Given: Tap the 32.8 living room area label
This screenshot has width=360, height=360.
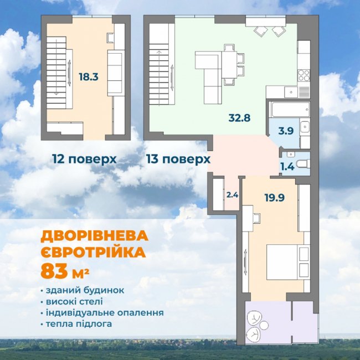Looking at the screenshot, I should (x=239, y=117).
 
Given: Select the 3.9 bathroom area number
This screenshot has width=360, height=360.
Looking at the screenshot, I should (x=286, y=131).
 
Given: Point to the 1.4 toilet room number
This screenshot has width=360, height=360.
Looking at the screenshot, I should (x=287, y=166).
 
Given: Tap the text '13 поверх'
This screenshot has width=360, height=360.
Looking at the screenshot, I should (x=178, y=159).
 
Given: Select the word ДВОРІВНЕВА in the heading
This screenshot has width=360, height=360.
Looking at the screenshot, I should (x=95, y=236).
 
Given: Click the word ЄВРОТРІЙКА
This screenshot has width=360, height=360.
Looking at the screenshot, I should (x=93, y=253).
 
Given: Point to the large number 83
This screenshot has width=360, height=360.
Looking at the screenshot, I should (x=52, y=272).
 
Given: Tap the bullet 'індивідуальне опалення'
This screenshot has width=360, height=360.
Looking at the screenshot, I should (x=104, y=312).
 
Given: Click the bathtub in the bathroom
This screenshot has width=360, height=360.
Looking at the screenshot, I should (x=290, y=110).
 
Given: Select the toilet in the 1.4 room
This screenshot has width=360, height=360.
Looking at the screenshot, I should (x=301, y=163).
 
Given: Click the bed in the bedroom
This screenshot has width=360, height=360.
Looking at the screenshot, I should (x=286, y=262).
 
